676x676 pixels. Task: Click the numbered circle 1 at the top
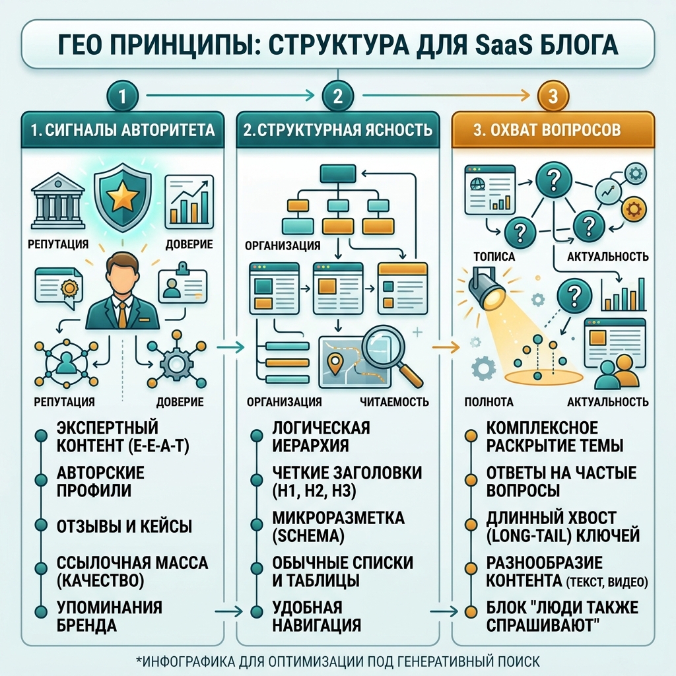tap(122, 96)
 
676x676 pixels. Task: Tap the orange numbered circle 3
tap(553, 96)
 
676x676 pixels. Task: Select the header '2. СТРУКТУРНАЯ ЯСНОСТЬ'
tap(337, 130)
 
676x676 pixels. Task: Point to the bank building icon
tap(58, 202)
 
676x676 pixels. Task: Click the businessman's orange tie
tap(122, 315)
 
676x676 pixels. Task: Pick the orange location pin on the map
tap(334, 364)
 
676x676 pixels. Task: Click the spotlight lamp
tap(487, 289)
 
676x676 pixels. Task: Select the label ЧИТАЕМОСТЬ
tap(395, 402)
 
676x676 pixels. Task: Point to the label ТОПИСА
tap(494, 257)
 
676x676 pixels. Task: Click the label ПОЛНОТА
tap(489, 402)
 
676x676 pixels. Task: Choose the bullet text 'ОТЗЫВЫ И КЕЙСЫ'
tap(124, 526)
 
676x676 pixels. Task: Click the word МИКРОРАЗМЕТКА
tap(339, 518)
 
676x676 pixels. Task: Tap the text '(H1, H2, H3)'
tap(314, 491)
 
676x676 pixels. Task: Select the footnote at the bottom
tap(338, 661)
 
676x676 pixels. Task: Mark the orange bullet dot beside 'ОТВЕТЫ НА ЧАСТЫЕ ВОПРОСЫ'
tap(471, 481)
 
